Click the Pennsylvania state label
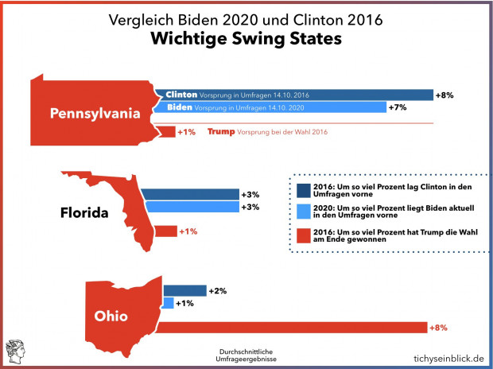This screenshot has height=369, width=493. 95,113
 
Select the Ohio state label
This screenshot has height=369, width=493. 111,316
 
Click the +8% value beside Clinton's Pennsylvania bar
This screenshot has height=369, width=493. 444,95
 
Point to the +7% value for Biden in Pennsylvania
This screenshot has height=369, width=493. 397,107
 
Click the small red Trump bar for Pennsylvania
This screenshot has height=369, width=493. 165,131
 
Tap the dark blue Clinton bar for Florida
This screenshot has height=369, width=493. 192,194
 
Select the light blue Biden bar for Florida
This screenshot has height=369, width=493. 192,207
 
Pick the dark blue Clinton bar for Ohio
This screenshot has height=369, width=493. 184,291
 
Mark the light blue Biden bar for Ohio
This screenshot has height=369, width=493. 168,303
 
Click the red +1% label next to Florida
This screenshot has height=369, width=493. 188,231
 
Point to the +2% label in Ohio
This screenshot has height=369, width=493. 217,291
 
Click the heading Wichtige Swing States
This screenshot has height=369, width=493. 246,38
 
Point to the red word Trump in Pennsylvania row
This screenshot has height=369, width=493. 221,132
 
